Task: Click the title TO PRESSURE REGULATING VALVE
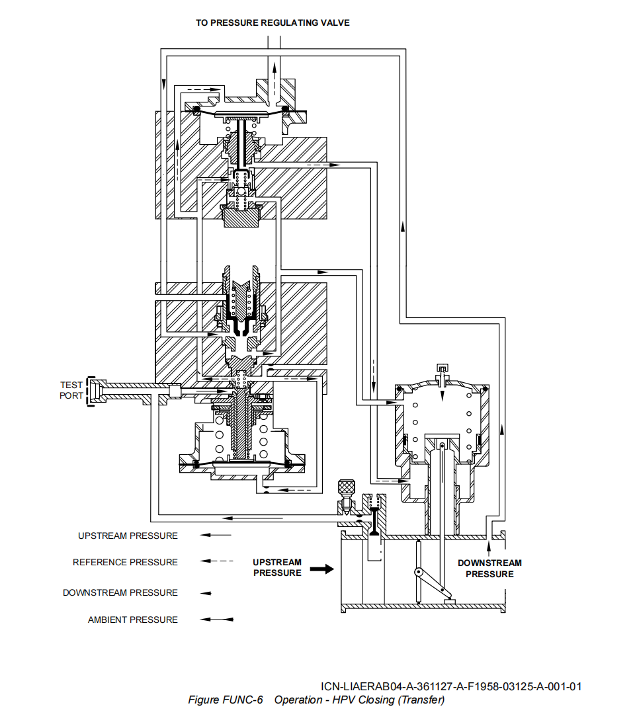(x=273, y=22)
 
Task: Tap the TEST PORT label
(x=71, y=390)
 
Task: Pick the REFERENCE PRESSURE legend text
(x=125, y=562)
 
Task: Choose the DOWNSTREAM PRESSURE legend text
(x=120, y=592)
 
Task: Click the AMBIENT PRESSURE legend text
(x=132, y=620)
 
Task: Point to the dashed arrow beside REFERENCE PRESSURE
(x=217, y=561)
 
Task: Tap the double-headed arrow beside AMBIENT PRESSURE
(x=217, y=620)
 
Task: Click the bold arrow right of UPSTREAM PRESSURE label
(x=322, y=569)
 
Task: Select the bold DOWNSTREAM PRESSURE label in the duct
(x=489, y=569)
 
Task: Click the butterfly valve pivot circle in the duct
(x=418, y=573)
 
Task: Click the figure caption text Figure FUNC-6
(x=226, y=700)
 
